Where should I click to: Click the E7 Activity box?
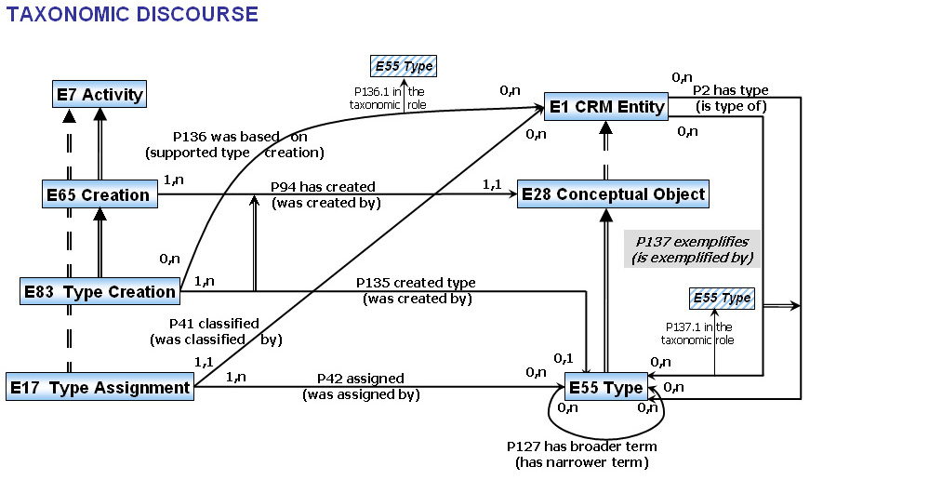pyautogui.click(x=99, y=94)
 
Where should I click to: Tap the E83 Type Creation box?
pyautogui.click(x=99, y=291)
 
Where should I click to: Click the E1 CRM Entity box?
pyautogui.click(x=606, y=106)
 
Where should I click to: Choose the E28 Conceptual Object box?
pyautogui.click(x=613, y=194)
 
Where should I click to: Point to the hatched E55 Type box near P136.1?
pyautogui.click(x=403, y=66)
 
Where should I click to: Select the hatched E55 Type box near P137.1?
pyautogui.click(x=722, y=299)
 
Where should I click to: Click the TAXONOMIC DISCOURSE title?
pyautogui.click(x=133, y=14)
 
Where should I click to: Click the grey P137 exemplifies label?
pyautogui.click(x=692, y=248)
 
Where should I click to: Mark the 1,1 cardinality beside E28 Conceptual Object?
pyautogui.click(x=491, y=185)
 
